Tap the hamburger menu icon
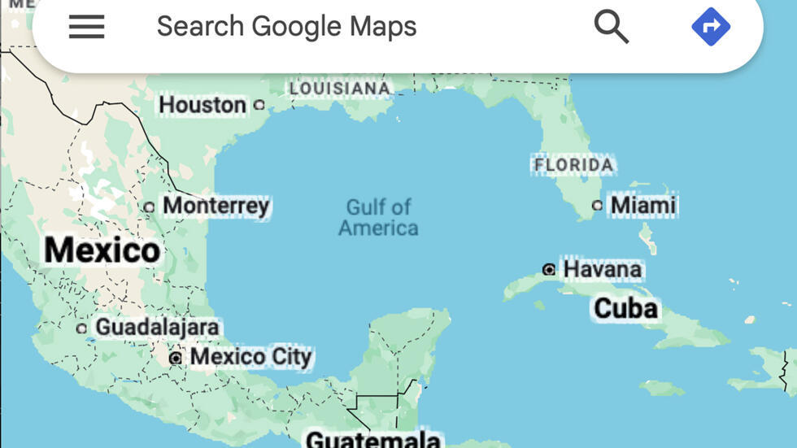tap(86, 27)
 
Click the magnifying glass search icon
tap(612, 27)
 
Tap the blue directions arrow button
tap(711, 27)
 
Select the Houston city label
tap(202, 105)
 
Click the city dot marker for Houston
tap(259, 105)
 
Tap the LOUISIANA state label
tap(340, 88)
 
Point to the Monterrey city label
tap(216, 206)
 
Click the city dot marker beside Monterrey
tap(149, 207)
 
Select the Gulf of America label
tap(378, 217)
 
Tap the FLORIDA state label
tap(573, 166)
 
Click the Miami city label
tap(643, 205)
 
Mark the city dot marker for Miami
tap(597, 206)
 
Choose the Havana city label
tap(602, 269)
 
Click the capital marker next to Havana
tap(549, 269)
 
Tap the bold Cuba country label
tap(625, 309)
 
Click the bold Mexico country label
tap(102, 250)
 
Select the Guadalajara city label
tap(157, 328)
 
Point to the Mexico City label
tap(250, 357)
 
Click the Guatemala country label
tap(372, 440)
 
